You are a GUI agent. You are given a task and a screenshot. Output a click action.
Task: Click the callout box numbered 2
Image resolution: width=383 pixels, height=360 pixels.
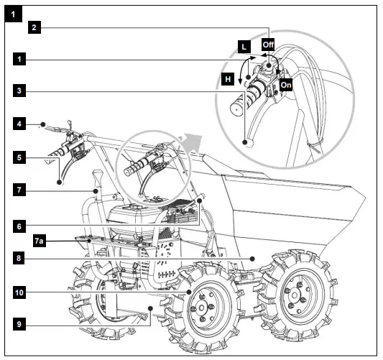click(x=34, y=28)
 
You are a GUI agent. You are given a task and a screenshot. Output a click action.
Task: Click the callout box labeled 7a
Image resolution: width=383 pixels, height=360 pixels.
click(x=22, y=243)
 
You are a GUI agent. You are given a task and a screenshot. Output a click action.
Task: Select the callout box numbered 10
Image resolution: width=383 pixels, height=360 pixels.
click(x=22, y=292)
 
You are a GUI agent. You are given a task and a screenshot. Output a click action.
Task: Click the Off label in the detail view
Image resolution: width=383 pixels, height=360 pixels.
click(x=268, y=45)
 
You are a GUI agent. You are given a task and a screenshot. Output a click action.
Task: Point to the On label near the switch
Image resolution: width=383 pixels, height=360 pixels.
click(x=285, y=83)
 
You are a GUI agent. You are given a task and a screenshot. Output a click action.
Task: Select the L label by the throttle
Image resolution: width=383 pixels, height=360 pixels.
click(x=244, y=46)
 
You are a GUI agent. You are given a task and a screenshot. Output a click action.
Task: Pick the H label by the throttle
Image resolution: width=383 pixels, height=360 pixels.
click(x=227, y=79)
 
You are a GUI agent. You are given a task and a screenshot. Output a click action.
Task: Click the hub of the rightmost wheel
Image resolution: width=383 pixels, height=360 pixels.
click(x=295, y=293)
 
